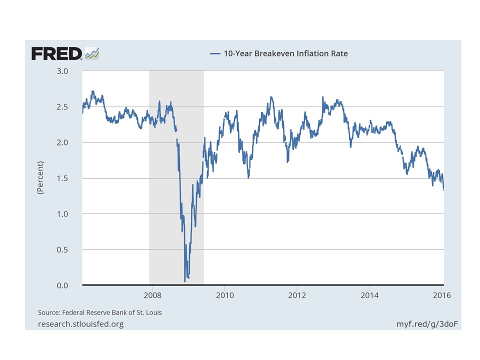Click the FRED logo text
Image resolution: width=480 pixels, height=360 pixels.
coord(56,53)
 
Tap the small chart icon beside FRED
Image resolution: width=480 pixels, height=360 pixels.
coord(92,53)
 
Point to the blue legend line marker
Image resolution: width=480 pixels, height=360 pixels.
coord(215,53)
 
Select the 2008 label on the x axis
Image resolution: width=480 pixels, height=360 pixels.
coord(152,295)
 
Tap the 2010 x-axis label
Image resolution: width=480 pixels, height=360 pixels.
coord(224,295)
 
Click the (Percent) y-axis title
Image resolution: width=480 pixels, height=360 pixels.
coord(41,178)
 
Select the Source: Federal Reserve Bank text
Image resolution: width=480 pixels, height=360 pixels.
coord(100,312)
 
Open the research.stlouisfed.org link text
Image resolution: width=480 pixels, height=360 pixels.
coord(80,324)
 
